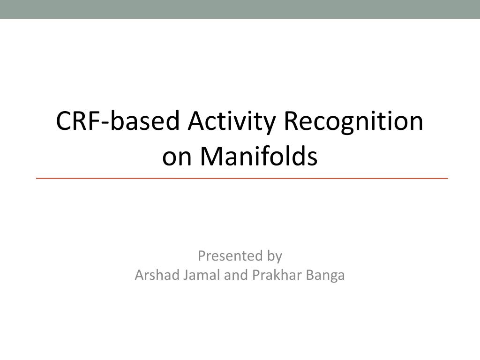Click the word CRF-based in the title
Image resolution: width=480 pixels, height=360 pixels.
tap(118, 120)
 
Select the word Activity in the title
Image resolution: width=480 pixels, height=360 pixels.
tap(232, 122)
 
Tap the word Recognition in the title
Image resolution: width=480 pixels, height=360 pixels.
tap(353, 122)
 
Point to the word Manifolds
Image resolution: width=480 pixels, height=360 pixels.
tap(259, 156)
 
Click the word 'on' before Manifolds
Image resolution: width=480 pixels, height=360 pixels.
tap(177, 159)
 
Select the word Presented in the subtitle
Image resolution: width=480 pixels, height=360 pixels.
tap(230, 255)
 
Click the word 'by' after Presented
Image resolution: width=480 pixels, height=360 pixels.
tap(275, 256)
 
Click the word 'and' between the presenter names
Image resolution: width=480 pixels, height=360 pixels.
tap(236, 275)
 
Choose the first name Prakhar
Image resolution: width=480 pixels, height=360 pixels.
tap(277, 275)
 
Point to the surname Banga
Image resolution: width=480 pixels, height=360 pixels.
tap(325, 276)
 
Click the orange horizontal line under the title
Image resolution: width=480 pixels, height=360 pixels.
tap(242, 178)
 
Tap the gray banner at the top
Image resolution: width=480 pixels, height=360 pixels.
tap(240, 9)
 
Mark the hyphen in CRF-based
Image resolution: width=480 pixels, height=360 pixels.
tap(105, 124)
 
